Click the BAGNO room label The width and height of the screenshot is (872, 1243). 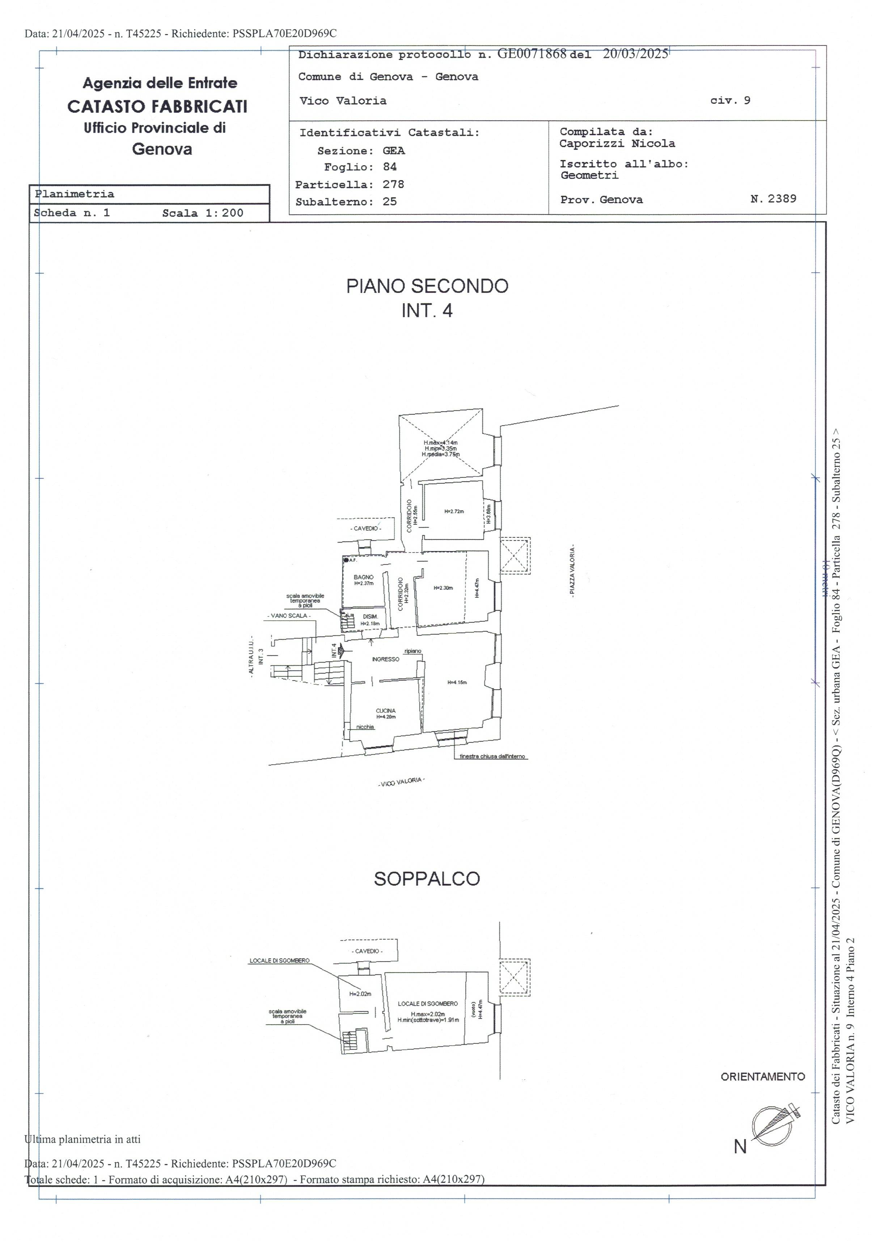[x=363, y=577]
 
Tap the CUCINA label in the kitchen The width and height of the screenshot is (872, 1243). [x=386, y=710]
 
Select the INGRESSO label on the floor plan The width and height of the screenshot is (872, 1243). [x=386, y=659]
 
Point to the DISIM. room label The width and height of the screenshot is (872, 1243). [x=371, y=617]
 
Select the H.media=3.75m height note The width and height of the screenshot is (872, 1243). [x=440, y=454]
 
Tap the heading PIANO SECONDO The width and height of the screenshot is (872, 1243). [x=427, y=286]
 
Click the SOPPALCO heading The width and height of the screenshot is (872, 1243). [x=427, y=878]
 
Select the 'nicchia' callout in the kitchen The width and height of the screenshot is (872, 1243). [x=365, y=727]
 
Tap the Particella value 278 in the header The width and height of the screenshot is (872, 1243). [x=393, y=184]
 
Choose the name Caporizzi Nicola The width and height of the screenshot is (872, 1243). [x=617, y=144]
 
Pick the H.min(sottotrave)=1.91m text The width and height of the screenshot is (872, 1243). [x=428, y=1020]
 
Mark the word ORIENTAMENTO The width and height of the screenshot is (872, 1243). [x=763, y=1077]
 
